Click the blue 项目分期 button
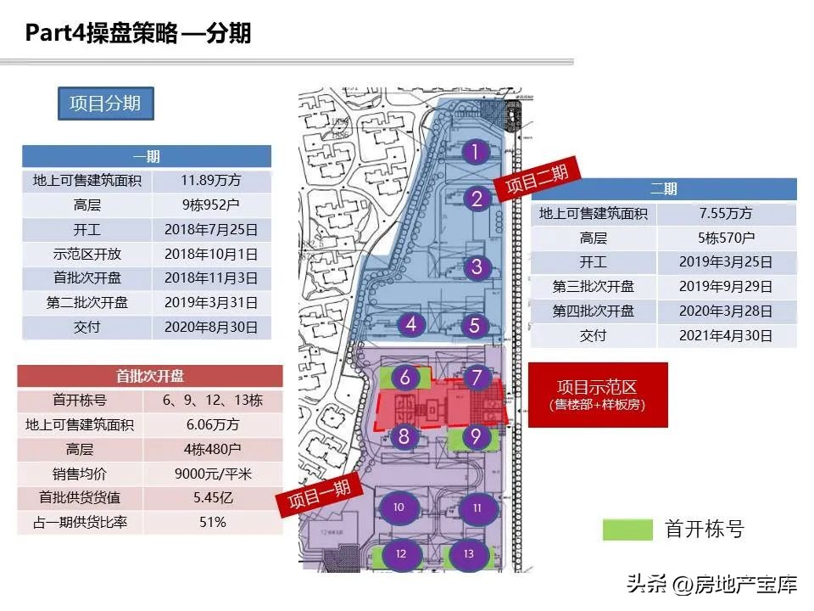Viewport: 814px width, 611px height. click(x=105, y=104)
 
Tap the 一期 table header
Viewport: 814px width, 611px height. click(x=146, y=157)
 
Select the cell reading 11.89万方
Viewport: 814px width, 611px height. click(x=212, y=181)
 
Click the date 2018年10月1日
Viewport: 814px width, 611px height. click(x=212, y=254)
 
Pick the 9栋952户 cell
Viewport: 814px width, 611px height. click(x=212, y=205)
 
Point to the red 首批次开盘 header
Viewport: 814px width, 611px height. click(x=150, y=376)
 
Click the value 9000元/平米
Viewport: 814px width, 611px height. click(x=212, y=474)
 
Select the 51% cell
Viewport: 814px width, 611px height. click(x=212, y=522)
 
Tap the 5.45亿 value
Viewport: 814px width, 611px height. click(x=212, y=498)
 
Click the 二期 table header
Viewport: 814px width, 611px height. click(x=664, y=189)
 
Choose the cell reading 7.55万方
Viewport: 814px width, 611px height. click(x=726, y=214)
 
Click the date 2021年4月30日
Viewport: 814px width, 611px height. click(x=726, y=335)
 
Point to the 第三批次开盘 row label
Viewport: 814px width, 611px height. click(x=594, y=287)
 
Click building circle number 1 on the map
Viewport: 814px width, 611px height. click(x=477, y=153)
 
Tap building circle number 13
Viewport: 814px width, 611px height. click(x=469, y=554)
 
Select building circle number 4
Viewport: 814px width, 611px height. click(x=411, y=324)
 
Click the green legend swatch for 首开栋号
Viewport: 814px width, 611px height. click(x=627, y=530)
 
